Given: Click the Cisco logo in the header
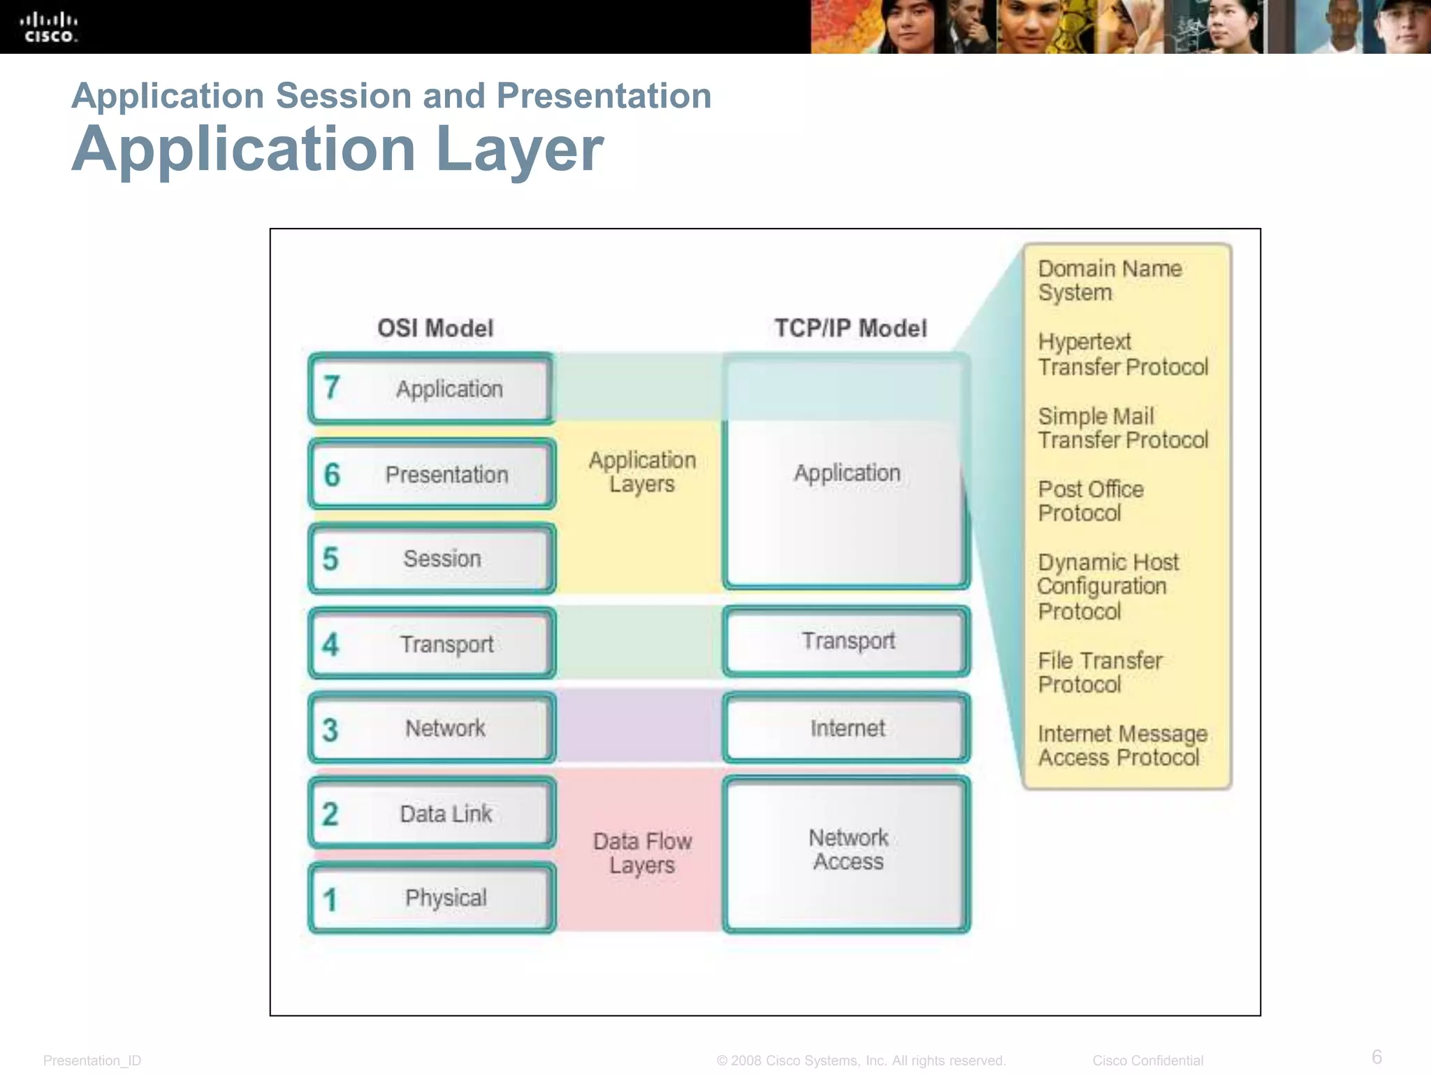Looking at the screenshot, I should (49, 28).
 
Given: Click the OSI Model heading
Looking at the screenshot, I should (435, 328).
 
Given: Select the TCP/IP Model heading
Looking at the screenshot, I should (850, 328).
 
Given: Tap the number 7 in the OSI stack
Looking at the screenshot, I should (332, 387).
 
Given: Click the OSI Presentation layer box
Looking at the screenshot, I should (432, 474).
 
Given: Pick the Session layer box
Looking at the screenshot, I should (432, 559).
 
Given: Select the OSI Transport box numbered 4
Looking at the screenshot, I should (432, 643).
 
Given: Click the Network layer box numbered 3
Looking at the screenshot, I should (432, 728).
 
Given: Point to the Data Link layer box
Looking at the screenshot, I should (432, 813).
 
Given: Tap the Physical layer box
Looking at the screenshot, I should (432, 898).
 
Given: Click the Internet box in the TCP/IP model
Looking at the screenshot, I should (846, 728).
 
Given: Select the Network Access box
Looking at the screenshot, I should (846, 853).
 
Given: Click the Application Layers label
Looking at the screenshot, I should (642, 472).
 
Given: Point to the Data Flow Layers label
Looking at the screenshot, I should (642, 852).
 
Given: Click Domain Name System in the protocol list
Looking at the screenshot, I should (1110, 280).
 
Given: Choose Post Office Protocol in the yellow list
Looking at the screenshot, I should (1090, 501).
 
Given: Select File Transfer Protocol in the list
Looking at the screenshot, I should (1100, 672).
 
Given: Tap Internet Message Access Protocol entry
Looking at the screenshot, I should (1122, 745).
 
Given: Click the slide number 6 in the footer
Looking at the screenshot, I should (1376, 1056).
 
